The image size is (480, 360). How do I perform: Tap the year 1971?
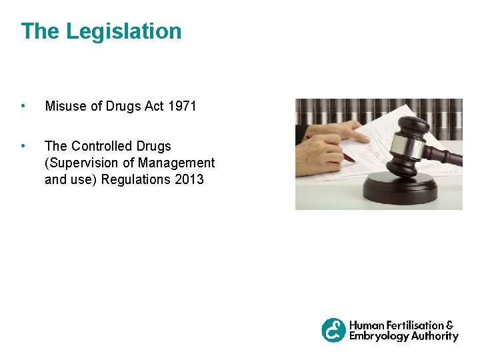[182, 106]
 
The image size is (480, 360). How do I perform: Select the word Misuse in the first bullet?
[65, 106]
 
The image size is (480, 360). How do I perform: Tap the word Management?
[177, 163]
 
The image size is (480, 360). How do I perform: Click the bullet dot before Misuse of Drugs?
[23, 106]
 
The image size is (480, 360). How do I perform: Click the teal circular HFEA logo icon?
[334, 330]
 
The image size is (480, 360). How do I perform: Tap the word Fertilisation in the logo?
[416, 325]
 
